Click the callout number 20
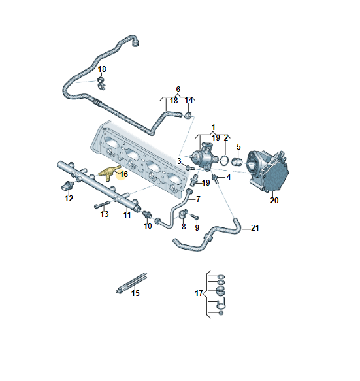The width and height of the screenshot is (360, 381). [274, 200]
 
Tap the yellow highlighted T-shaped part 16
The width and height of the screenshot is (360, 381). [108, 173]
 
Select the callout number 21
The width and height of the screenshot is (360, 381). [255, 228]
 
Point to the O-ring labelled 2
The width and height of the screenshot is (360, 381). [225, 161]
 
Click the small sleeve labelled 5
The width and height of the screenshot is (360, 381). [237, 161]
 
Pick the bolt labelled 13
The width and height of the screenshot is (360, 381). [102, 205]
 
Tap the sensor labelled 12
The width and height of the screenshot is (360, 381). [67, 186]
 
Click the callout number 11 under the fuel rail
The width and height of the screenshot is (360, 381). [127, 214]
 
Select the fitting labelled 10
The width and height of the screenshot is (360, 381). [147, 214]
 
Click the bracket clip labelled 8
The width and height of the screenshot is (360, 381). [184, 214]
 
